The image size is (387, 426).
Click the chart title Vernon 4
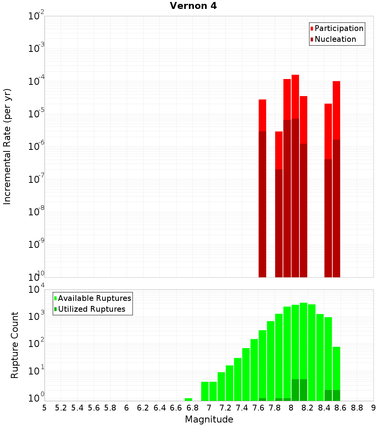[193, 6]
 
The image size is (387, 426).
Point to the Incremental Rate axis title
[7, 146]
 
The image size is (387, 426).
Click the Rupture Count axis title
[15, 345]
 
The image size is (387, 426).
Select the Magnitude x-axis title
[209, 419]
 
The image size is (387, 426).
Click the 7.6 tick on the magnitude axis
[259, 408]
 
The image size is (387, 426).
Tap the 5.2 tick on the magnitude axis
[61, 408]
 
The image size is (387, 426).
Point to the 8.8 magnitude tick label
[357, 408]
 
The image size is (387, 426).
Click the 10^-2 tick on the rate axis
[36, 17]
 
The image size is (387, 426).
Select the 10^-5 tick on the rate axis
[36, 114]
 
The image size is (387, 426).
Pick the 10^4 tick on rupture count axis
[36, 290]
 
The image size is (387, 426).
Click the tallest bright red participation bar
[295, 97]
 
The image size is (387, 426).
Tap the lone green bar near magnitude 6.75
[188, 399]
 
